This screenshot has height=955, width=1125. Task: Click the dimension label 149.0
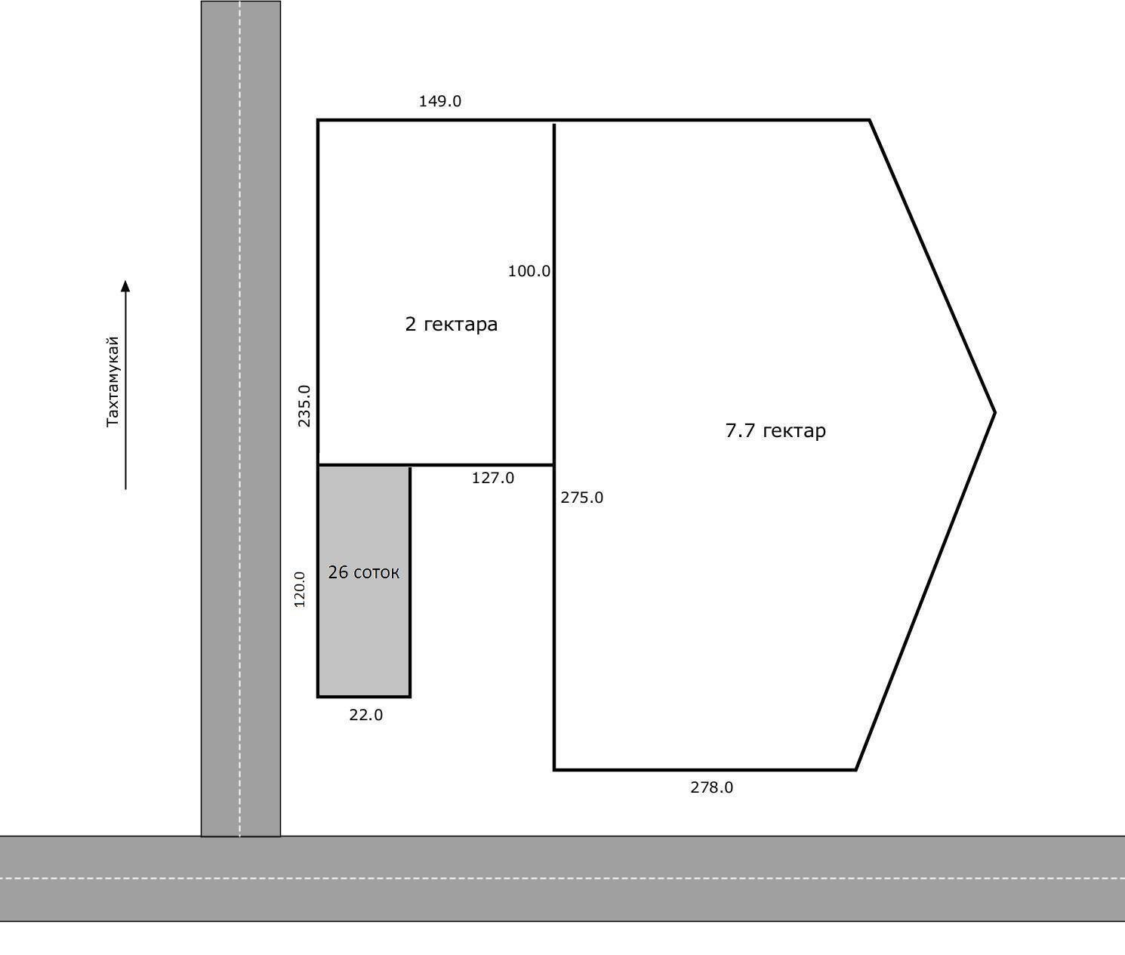tap(439, 101)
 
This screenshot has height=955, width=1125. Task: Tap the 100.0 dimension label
tap(529, 271)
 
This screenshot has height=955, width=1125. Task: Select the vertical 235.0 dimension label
tap(304, 406)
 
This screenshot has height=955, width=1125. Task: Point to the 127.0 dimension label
tap(492, 478)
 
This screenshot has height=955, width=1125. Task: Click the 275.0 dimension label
tap(582, 498)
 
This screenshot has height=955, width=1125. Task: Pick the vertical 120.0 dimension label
tap(299, 590)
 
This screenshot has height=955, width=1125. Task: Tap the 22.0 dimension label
tap(365, 715)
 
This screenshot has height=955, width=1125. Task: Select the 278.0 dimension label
tap(711, 787)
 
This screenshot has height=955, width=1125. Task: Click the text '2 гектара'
tap(452, 325)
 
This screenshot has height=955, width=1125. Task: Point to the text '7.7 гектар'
tap(775, 431)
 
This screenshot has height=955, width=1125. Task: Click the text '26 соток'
tap(364, 572)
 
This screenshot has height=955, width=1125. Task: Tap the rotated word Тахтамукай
tap(112, 382)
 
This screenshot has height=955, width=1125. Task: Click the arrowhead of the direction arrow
tap(125, 285)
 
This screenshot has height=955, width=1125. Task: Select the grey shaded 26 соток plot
tap(364, 581)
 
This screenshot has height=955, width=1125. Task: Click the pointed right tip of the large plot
tap(995, 412)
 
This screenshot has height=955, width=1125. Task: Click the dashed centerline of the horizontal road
tap(562, 878)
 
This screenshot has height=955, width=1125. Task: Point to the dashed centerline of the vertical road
tap(239, 418)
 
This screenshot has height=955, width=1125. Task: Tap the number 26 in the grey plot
tap(338, 572)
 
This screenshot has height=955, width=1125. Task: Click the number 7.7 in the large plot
tap(740, 431)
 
